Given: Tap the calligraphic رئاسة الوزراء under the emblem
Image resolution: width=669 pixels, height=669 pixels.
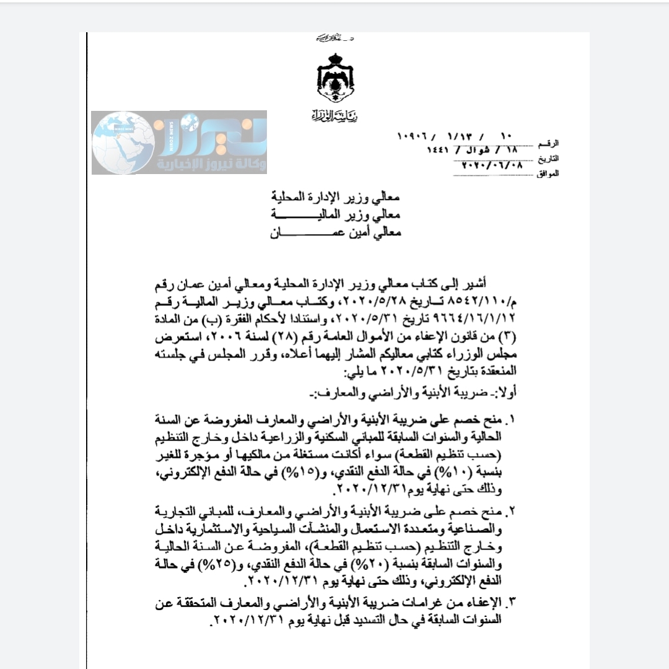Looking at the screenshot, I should point(334,115).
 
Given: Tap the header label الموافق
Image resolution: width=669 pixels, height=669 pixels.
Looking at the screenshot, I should point(548,173).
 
